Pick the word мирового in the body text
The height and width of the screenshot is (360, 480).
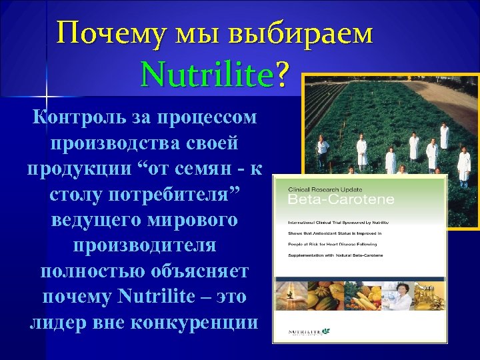tap(201, 220)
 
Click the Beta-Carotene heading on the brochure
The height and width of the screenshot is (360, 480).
tap(341, 199)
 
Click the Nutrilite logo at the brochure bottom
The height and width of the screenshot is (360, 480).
tap(309, 331)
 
